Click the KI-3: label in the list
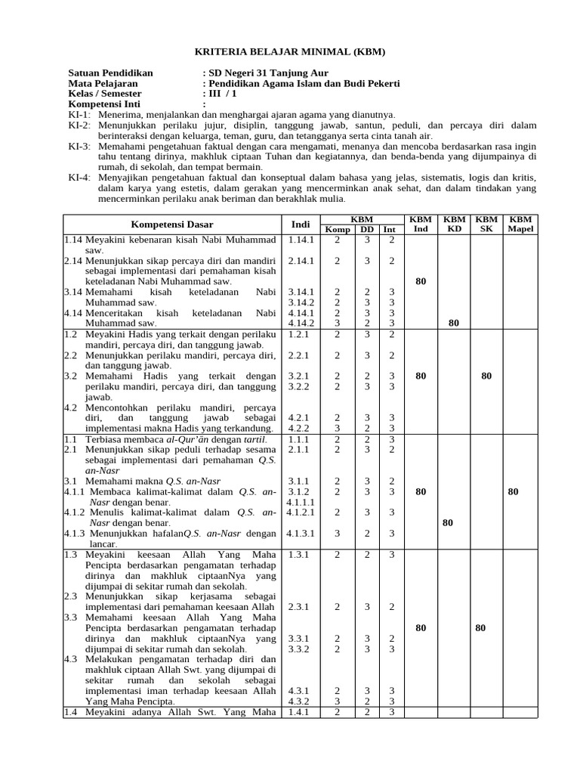pos(79,146)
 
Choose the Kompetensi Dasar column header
pos(172,224)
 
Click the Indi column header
pos(301,224)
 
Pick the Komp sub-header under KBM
pos(338,229)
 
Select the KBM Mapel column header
pos(520,224)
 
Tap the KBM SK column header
pos(486,224)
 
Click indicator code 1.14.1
pos(301,240)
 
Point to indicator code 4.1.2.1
pos(301,512)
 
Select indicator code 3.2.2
pos(301,385)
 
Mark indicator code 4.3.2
pos(301,701)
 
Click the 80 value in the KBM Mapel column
pos(514,491)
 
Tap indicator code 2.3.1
pos(301,606)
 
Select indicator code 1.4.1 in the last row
pos(301,712)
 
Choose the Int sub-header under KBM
pos(389,229)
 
